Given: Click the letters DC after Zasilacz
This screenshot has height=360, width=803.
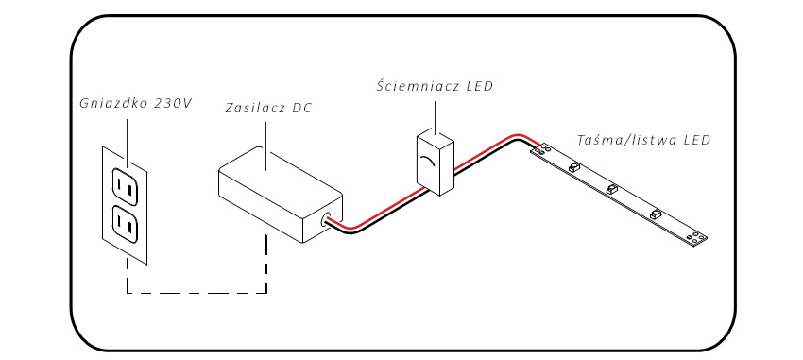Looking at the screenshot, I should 301,108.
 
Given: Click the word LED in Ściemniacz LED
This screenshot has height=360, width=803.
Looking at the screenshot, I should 478,86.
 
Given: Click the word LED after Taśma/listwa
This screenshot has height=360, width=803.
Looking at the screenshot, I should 696,140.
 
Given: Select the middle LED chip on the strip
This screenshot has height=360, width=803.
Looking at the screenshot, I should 612,190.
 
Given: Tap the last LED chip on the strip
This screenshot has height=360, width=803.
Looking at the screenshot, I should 655,214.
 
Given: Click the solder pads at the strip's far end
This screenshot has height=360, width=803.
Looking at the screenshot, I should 697,236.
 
